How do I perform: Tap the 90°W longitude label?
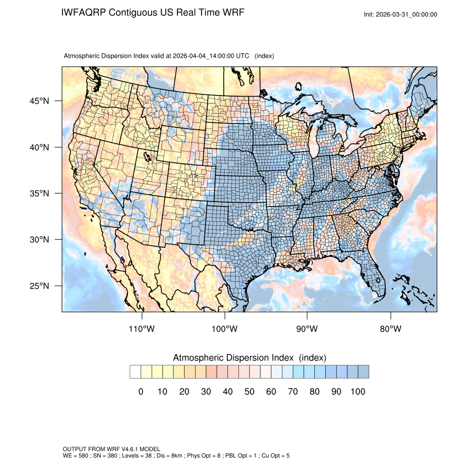click(307, 329)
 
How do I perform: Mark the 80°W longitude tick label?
click(390, 329)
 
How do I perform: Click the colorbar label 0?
click(141, 392)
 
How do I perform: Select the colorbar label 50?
click(249, 392)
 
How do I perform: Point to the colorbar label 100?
click(357, 392)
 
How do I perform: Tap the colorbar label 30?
click(206, 392)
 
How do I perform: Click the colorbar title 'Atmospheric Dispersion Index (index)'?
click(249, 358)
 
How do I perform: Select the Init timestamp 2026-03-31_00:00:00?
click(407, 14)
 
